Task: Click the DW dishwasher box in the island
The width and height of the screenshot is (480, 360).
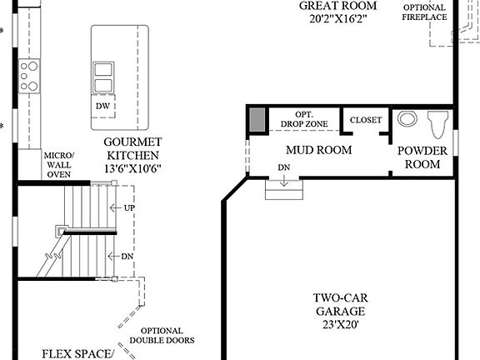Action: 102,107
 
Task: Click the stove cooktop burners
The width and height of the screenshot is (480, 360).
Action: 29,75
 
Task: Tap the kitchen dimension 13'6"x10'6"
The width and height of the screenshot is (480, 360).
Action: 133,168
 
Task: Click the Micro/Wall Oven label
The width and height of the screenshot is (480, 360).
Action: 59,163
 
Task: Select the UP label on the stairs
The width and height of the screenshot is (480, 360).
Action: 128,207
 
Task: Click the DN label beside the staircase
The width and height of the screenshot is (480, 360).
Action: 127,257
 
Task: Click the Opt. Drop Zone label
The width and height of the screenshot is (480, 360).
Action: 303,119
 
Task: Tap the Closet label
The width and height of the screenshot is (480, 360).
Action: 365,120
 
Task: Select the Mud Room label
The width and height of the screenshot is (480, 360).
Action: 318,150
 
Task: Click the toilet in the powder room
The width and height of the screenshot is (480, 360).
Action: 437,126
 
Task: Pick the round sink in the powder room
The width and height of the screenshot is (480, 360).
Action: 407,119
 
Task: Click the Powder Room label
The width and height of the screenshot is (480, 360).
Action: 422,157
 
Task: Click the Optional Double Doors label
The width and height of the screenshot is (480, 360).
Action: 162,335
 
